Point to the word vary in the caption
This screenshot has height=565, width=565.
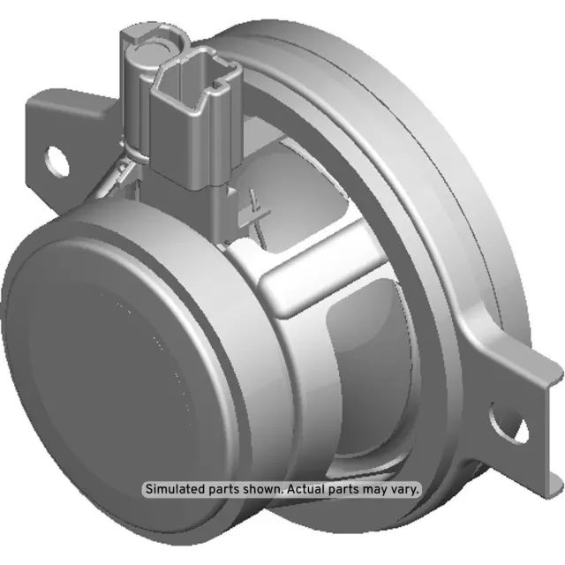pos(409,488)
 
